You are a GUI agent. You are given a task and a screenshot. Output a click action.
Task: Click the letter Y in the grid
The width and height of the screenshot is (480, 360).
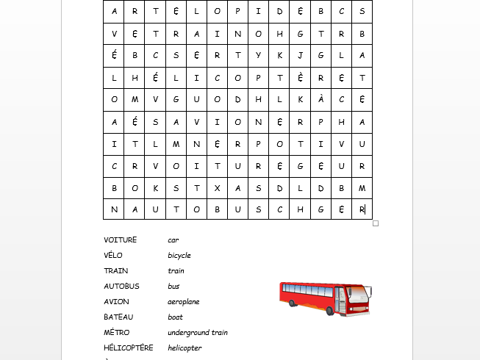(259, 55)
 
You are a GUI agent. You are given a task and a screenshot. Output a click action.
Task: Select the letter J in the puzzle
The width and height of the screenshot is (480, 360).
(300, 55)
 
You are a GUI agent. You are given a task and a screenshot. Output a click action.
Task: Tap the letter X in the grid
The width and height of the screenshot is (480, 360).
(218, 187)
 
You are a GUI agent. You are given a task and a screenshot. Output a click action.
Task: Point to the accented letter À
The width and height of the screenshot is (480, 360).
(320, 99)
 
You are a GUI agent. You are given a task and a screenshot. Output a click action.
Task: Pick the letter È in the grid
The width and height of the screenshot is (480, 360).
(300, 77)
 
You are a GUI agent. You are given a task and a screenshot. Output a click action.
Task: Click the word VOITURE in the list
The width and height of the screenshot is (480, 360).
(121, 240)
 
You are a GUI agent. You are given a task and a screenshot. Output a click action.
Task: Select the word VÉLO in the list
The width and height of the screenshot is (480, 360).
(113, 255)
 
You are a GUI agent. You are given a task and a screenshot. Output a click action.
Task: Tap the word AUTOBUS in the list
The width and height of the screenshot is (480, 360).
(121, 286)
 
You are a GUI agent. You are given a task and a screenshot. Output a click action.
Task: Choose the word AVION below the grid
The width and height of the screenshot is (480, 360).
(116, 301)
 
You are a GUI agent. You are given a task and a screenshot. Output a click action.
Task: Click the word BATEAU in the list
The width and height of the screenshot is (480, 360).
(118, 317)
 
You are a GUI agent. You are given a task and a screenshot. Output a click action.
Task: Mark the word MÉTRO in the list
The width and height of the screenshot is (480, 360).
(117, 332)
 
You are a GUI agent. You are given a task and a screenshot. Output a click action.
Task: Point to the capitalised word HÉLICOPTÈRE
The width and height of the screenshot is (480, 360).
(129, 348)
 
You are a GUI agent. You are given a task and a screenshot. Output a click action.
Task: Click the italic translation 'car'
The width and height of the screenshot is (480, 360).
(173, 240)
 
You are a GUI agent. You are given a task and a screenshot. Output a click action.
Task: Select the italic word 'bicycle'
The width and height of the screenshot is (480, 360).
(179, 255)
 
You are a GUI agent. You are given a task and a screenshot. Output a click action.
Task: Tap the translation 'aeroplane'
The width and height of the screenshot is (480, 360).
(184, 301)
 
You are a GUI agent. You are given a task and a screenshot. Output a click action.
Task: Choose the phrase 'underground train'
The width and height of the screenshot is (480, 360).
(198, 332)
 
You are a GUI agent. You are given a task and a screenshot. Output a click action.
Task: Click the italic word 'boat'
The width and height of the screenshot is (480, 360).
(175, 317)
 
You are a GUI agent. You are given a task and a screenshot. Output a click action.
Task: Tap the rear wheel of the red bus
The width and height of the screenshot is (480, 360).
(295, 305)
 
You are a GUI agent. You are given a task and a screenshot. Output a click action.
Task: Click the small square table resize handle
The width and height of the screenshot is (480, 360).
(376, 223)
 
